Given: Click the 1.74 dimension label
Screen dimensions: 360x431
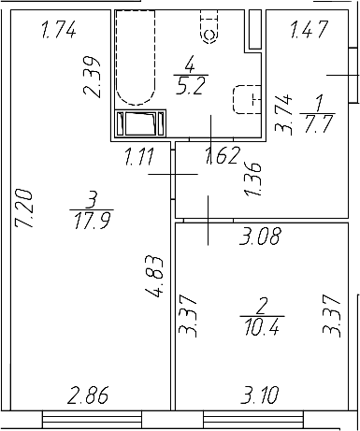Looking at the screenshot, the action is pos(59,31).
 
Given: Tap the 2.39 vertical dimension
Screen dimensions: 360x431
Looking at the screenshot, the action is pos(92,78).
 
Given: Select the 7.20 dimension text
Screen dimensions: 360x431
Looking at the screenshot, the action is pos(24,208).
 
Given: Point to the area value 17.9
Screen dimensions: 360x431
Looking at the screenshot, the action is pos(92,221).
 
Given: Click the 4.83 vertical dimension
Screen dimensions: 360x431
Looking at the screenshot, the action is pos(154,277).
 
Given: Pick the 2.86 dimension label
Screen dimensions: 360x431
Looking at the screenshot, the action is pos(88,395).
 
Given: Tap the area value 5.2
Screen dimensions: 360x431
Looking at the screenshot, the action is pos(191,85).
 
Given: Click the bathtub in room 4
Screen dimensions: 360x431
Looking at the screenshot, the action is pos(136,57).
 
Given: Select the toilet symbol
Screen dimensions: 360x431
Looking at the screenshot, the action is pos(209,27).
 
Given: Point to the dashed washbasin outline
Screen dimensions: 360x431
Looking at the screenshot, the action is pos(247,99).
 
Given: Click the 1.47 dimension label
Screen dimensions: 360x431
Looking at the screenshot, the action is pos(309,29).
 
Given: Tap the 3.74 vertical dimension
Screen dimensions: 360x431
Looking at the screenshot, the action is pos(283,114).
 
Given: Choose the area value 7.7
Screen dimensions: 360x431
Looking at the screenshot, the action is pos(317,123).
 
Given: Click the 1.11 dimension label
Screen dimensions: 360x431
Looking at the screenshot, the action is pos(139,156).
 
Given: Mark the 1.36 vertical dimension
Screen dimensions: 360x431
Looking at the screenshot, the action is pos(253,179).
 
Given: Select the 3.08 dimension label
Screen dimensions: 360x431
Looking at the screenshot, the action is pos(261,236).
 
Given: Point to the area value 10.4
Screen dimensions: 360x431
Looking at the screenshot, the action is pos(262,327).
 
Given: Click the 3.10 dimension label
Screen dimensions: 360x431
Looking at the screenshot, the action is pos(260,395).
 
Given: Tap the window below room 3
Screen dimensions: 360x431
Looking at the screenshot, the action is pos(92,420).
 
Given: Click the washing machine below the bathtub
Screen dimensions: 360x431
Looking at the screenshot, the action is pos(140,122).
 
